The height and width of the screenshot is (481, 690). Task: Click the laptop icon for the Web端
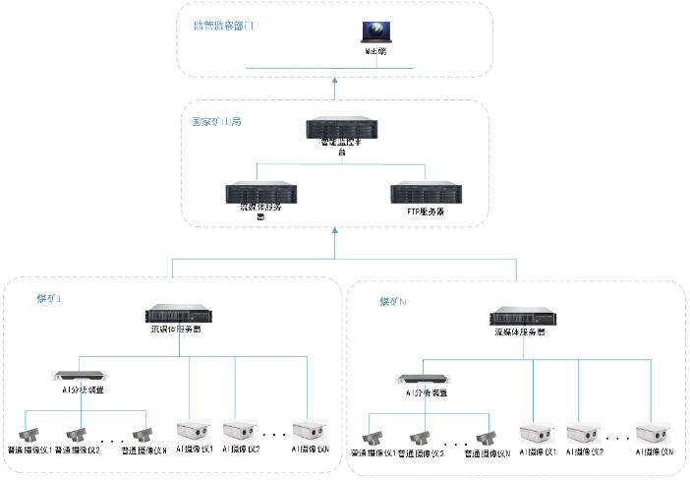click(x=375, y=31)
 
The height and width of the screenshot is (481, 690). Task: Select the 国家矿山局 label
click(x=216, y=122)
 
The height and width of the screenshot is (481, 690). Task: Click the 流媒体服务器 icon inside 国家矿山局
click(x=260, y=192)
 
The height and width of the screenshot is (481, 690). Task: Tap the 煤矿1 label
click(x=47, y=297)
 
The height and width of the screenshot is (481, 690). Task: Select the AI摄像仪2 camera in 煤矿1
click(x=241, y=430)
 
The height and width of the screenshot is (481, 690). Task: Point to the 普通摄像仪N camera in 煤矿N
click(x=484, y=438)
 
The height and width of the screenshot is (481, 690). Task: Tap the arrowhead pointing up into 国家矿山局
click(x=335, y=232)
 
